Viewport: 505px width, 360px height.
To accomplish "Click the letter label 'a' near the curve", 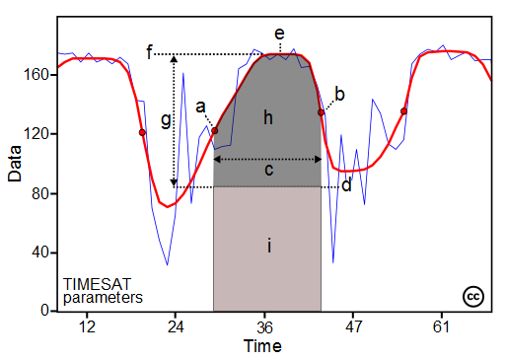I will click(200, 106).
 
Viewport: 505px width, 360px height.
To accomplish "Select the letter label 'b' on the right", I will click(339, 94).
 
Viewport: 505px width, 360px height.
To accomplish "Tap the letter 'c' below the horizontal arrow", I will click(267, 171).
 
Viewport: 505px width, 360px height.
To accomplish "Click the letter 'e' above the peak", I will click(279, 35).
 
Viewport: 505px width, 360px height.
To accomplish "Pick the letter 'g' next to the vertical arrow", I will click(166, 120).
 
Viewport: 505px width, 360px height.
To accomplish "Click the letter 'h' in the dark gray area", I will click(267, 118).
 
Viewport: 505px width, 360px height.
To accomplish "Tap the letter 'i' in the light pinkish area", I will click(267, 246).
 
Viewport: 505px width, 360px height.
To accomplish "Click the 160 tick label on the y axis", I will click(38, 74).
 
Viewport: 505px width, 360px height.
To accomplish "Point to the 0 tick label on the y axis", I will click(45, 311).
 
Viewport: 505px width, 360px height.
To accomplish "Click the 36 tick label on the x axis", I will click(265, 326).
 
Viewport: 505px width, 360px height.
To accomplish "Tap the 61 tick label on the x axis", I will click(442, 326).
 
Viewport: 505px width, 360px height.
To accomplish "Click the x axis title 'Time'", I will click(263, 346).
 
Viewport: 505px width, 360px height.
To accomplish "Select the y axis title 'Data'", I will click(15, 178).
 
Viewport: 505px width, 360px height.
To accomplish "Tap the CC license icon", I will click(472, 296).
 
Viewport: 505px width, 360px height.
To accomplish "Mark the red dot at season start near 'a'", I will click(215, 131).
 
